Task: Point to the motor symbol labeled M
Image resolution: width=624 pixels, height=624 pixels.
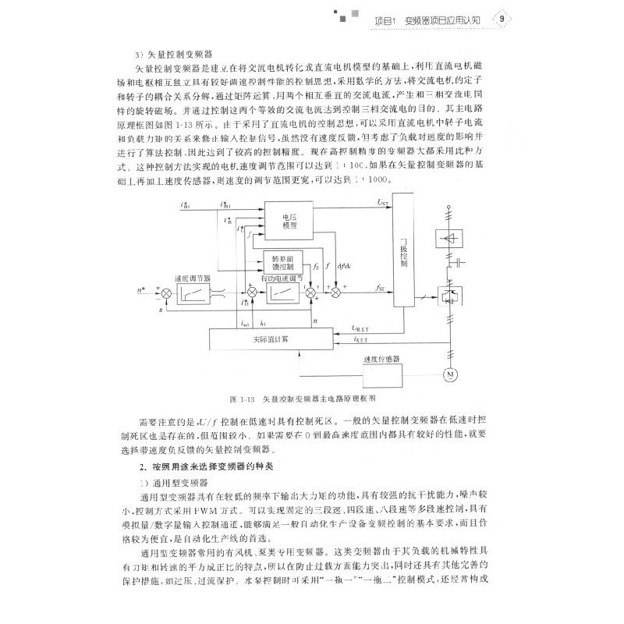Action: click(x=450, y=375)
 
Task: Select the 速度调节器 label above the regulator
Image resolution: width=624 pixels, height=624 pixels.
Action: click(x=191, y=277)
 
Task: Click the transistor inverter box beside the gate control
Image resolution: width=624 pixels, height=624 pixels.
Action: click(x=451, y=295)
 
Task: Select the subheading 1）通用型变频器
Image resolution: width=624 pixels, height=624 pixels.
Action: click(x=173, y=481)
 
